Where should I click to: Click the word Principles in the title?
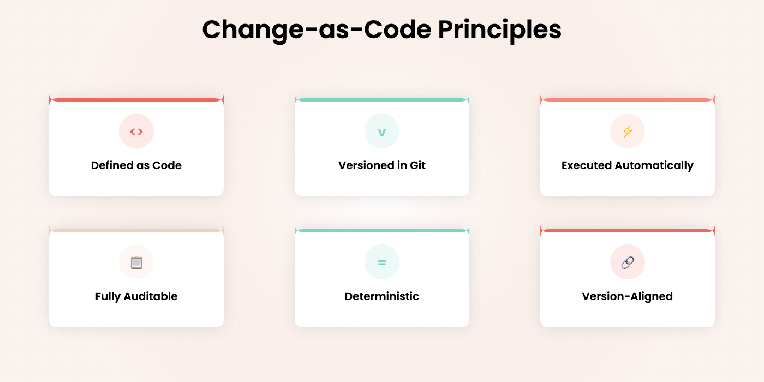(499, 30)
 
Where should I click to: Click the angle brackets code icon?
(136, 131)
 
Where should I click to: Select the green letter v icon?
(382, 131)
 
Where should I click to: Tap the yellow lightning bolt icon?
(628, 131)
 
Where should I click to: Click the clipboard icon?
(136, 262)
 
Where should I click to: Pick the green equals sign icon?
(382, 262)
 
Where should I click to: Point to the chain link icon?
(628, 262)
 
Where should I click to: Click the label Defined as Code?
(136, 165)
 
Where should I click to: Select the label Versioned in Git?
(382, 165)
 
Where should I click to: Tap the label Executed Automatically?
(628, 165)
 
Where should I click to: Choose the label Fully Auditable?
(136, 296)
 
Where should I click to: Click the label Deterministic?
(382, 296)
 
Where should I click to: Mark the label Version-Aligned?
(628, 296)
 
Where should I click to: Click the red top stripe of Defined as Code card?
(136, 100)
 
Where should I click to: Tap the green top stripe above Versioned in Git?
(382, 100)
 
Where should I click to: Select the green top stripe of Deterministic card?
(382, 231)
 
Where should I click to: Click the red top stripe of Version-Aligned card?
(628, 231)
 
